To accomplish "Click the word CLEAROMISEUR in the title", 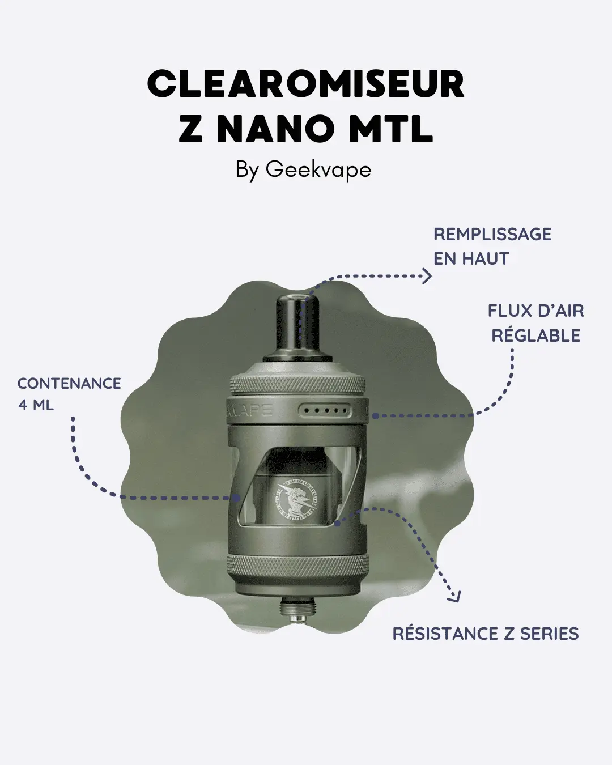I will coord(305,85).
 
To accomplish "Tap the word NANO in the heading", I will coord(275,130).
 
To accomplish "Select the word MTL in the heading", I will coord(391,130).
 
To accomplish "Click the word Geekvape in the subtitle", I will coord(318,169).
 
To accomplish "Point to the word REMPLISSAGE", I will coord(492,234).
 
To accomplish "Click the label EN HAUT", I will coord(471,258).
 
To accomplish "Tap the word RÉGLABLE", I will coord(535,335).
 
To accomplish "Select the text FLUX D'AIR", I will coord(535,311).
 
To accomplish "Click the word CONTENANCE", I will coord(69,384).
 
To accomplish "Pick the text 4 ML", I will coord(36,405).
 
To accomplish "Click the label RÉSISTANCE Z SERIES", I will coord(486,634).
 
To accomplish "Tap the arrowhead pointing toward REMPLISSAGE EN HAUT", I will coord(427,276).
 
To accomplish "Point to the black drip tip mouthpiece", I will coord(299,323).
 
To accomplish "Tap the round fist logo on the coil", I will coord(296,499).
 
